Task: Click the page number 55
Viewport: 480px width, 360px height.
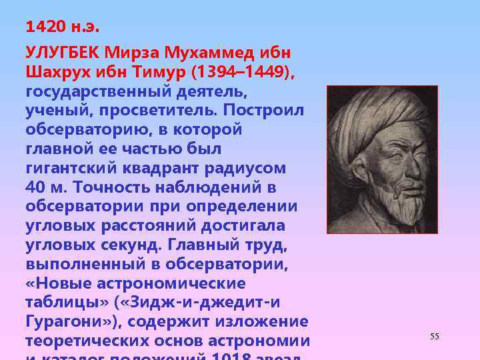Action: [x=435, y=337]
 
